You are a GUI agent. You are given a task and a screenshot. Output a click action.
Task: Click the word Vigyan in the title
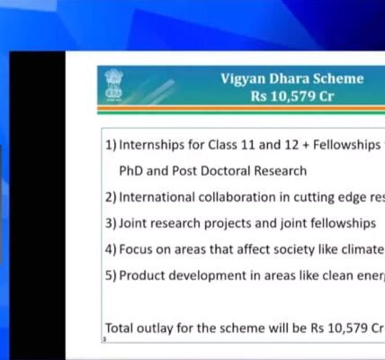coord(244,79)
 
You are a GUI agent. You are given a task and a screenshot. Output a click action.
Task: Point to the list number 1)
coord(111,145)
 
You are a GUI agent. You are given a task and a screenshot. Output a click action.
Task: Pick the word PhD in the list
coord(132,170)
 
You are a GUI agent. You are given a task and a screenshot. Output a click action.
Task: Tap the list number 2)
coord(111,197)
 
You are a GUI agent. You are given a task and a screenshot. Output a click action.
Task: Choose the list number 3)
coord(111,223)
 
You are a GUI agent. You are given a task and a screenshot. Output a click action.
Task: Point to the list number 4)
coord(111,249)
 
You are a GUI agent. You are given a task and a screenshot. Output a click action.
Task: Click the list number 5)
coord(111,275)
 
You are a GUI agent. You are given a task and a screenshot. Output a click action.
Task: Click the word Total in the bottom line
coord(121,328)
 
